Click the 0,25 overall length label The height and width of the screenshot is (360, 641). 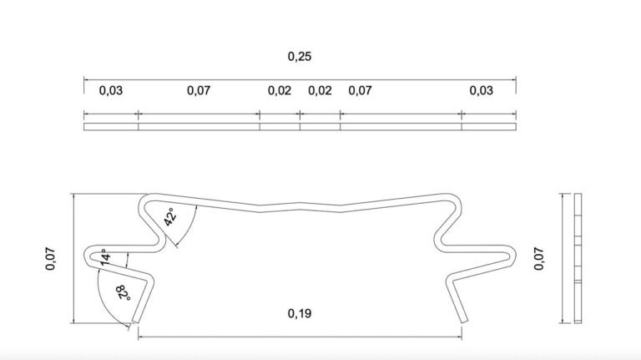click(x=300, y=57)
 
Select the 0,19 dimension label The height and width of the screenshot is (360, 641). click(x=300, y=314)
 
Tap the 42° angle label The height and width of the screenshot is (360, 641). click(x=170, y=217)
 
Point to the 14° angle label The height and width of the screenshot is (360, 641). click(x=104, y=257)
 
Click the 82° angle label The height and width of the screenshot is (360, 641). click(x=123, y=293)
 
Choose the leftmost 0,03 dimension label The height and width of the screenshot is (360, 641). click(x=111, y=90)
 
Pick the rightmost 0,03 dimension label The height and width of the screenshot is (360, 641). click(x=481, y=90)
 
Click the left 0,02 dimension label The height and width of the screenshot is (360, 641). click(x=280, y=90)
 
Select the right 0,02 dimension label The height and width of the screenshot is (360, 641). click(x=320, y=90)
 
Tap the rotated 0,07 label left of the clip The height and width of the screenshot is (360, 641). click(x=50, y=259)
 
